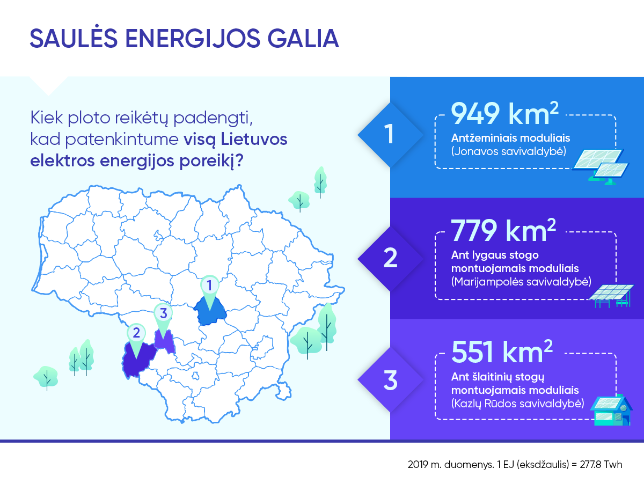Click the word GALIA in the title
[303, 39]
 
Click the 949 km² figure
[504, 113]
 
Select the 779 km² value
[503, 231]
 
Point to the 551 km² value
[502, 352]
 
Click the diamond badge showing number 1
[390, 135]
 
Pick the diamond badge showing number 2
[390, 258]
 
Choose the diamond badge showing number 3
[390, 380]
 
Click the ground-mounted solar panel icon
[601, 167]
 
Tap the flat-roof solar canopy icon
[611, 296]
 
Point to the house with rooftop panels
[611, 410]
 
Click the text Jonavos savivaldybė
[509, 152]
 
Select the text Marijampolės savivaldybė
[521, 282]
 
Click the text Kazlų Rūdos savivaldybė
[517, 404]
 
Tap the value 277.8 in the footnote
[590, 465]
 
